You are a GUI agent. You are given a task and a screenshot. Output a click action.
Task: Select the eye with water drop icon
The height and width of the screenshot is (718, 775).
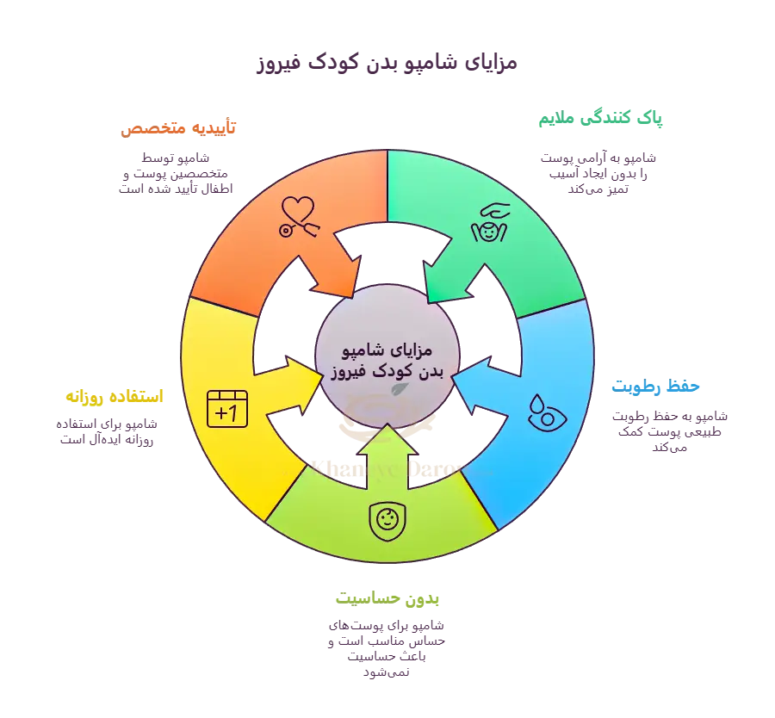coord(542,411)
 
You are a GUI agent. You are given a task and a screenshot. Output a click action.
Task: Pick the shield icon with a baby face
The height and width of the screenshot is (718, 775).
coord(385,521)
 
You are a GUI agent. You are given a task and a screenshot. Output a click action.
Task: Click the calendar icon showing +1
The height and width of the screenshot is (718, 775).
coord(227,408)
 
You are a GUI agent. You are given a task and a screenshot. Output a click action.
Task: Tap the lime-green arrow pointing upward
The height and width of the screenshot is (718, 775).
coord(387,448)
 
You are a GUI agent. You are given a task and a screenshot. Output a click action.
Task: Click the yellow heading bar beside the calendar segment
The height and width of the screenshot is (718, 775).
coord(121,397)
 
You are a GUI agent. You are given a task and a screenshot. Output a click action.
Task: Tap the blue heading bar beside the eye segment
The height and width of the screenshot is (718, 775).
coord(689,390)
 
